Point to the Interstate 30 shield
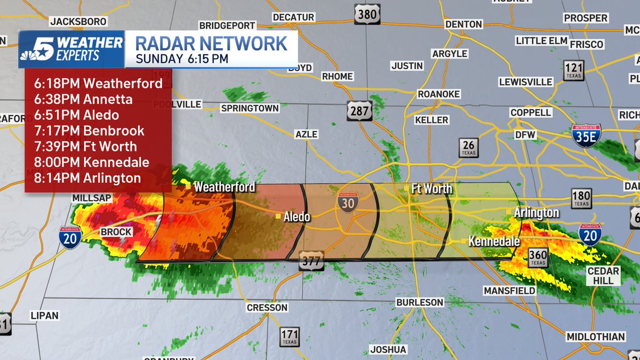tap(347, 202)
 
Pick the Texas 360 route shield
tap(538, 258)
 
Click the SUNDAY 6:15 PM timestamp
tap(182, 58)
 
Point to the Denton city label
tap(463, 24)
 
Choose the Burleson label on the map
tap(420, 302)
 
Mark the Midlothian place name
tap(595, 337)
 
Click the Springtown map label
tap(250, 108)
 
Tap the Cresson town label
tap(267, 308)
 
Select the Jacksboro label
tap(78, 21)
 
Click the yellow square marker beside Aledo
tap(278, 217)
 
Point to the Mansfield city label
tap(509, 291)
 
